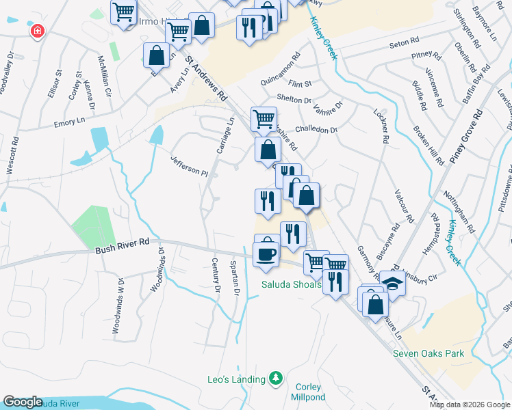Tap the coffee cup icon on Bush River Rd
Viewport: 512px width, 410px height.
point(266,254)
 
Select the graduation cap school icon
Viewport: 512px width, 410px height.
point(394,282)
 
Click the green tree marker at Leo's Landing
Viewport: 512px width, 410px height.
point(276,378)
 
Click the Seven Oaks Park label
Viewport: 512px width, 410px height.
point(428,353)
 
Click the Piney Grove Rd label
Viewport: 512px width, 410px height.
point(466,129)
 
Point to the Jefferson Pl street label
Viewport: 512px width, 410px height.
point(190,164)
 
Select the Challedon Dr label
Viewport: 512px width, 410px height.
point(316,129)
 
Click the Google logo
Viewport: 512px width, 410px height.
point(23,402)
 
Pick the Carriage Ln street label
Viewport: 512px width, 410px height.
point(225,135)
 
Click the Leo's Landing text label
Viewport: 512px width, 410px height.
point(236,379)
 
